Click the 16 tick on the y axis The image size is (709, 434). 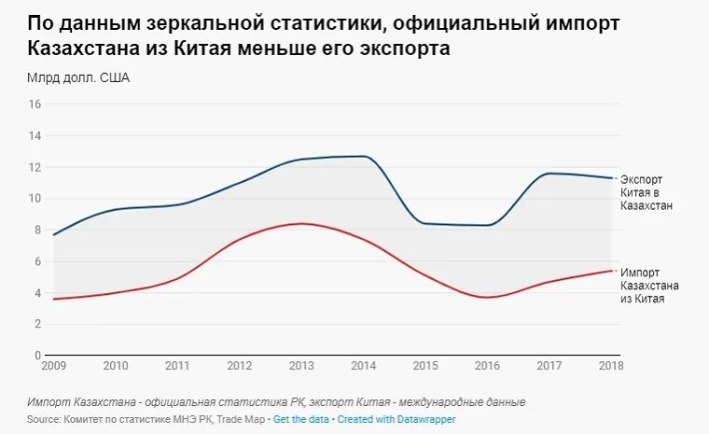click(x=35, y=105)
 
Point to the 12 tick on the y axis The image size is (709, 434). click(x=35, y=167)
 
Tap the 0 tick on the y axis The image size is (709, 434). click(x=37, y=356)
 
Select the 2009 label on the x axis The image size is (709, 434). click(x=54, y=366)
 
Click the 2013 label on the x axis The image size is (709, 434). click(x=301, y=366)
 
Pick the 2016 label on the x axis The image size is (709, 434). click(x=487, y=366)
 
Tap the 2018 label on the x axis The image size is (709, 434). click(x=609, y=366)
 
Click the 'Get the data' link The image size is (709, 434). click(x=301, y=420)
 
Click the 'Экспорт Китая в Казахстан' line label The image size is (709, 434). click(x=646, y=191)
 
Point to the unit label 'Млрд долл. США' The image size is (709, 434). click(x=78, y=78)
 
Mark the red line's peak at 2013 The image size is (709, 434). click(x=301, y=223)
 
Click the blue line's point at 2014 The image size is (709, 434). click(x=364, y=156)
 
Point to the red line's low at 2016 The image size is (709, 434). click(x=487, y=297)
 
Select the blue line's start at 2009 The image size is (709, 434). click(x=54, y=234)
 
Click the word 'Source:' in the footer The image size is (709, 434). click(x=45, y=420)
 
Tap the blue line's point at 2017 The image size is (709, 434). click(x=549, y=174)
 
